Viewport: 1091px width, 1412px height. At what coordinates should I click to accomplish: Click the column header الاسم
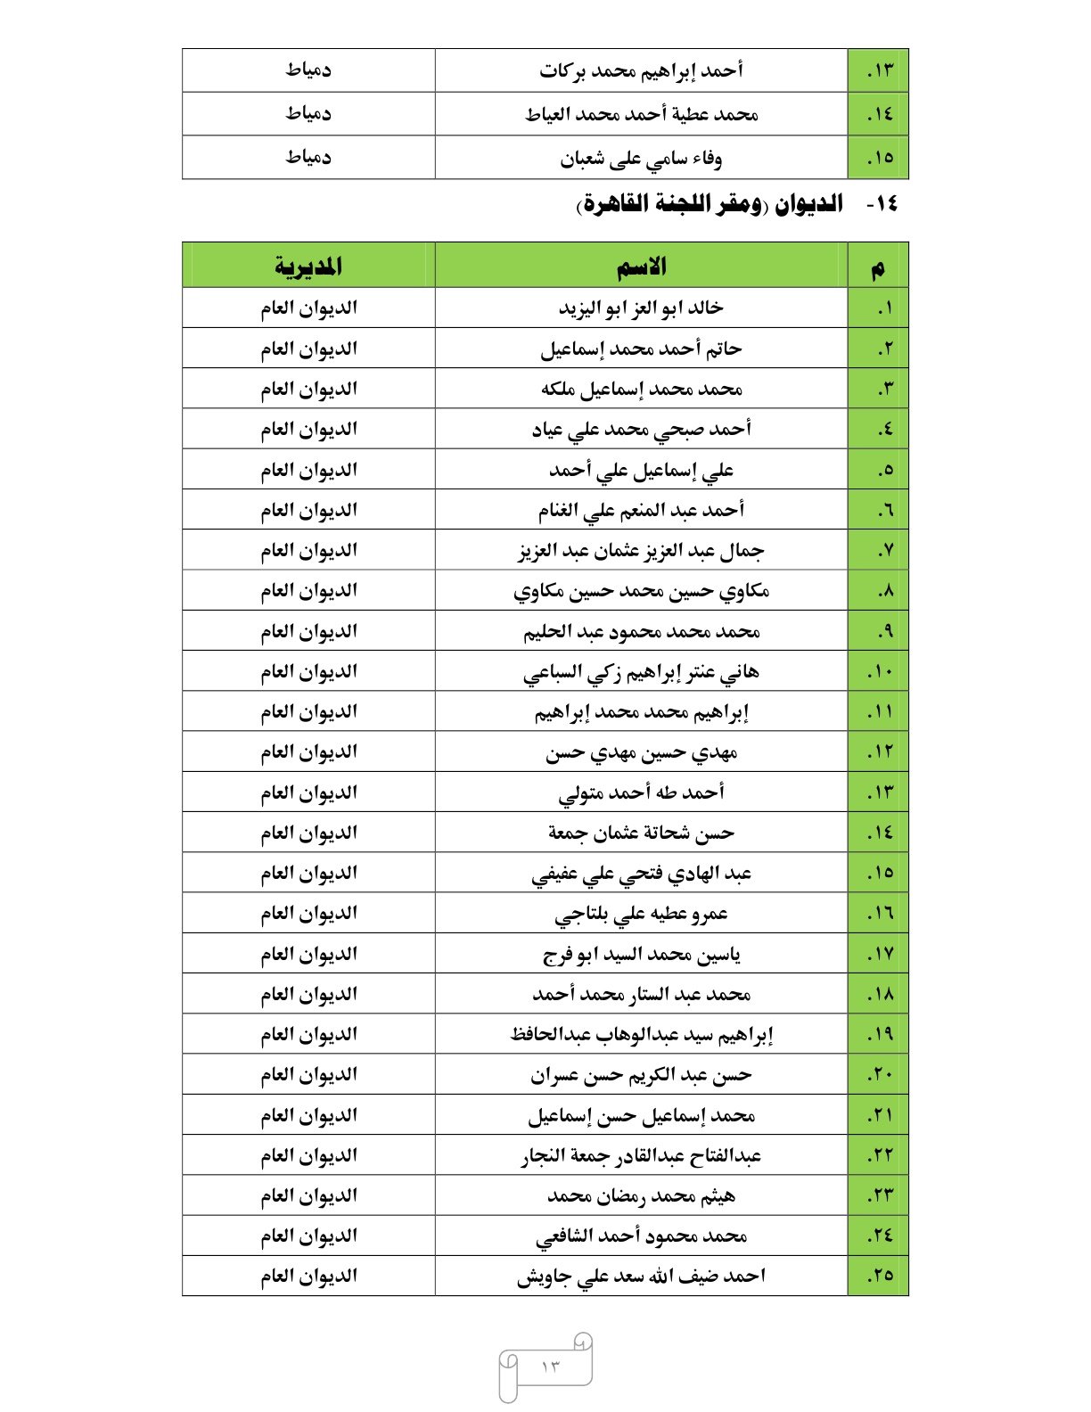click(641, 267)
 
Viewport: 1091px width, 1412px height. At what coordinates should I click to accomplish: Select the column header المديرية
click(308, 267)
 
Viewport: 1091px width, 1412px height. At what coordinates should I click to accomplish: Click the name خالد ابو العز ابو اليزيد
click(641, 308)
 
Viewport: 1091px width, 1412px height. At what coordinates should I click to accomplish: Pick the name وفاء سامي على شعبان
click(641, 159)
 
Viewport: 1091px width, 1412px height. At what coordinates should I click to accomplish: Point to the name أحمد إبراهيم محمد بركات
click(641, 70)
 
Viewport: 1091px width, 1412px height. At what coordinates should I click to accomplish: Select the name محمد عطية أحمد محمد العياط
click(641, 114)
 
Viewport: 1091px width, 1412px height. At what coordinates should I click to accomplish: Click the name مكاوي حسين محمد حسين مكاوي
click(641, 591)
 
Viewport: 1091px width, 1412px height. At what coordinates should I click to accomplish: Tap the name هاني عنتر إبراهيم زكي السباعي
click(641, 672)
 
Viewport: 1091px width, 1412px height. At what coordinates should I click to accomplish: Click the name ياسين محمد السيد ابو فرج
click(641, 955)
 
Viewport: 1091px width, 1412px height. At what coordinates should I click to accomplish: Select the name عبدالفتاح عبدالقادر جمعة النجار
click(641, 1156)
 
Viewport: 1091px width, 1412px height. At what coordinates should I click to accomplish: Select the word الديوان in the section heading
click(808, 205)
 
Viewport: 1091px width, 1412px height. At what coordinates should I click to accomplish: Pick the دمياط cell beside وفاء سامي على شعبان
click(308, 158)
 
